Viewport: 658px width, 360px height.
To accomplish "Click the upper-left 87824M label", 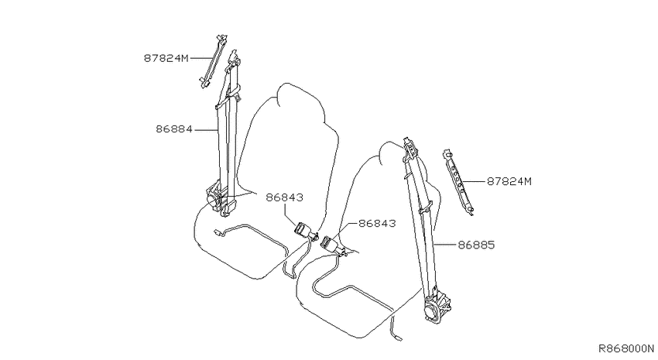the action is pyautogui.click(x=166, y=58).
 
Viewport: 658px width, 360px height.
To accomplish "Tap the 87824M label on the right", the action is pyautogui.click(x=509, y=181).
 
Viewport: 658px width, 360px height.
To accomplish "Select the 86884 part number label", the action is pyautogui.click(x=173, y=129).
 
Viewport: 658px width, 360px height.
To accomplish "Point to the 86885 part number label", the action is pyautogui.click(x=476, y=245).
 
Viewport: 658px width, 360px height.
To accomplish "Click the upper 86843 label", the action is pyautogui.click(x=284, y=197).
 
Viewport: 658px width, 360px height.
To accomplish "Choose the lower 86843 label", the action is pyautogui.click(x=377, y=223).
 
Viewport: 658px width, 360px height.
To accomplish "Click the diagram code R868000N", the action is pyautogui.click(x=626, y=348).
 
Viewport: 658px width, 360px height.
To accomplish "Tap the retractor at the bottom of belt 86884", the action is pyautogui.click(x=220, y=198).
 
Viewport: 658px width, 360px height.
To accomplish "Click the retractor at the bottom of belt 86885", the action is pyautogui.click(x=437, y=307).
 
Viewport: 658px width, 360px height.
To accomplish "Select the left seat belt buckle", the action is pyautogui.click(x=305, y=231).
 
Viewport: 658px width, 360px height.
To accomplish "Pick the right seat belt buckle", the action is pyautogui.click(x=331, y=244).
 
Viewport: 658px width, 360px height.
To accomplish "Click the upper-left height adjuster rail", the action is pyautogui.click(x=214, y=61).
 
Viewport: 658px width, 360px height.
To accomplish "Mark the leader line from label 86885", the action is pyautogui.click(x=445, y=244).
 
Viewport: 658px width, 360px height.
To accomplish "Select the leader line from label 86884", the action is pyautogui.click(x=206, y=129).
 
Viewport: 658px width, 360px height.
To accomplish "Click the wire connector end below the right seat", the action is pyautogui.click(x=397, y=338).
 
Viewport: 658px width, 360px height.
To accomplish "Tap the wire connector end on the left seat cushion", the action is pyautogui.click(x=217, y=231).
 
